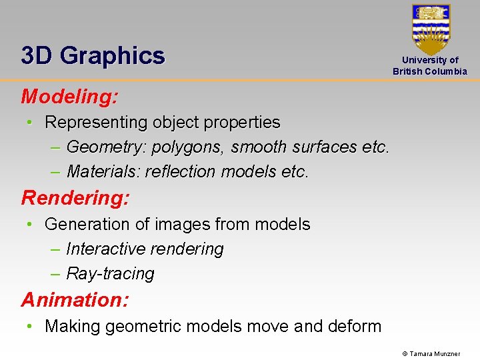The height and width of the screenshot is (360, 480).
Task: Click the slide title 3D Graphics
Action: click(x=93, y=55)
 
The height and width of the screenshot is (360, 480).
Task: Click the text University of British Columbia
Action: click(x=430, y=65)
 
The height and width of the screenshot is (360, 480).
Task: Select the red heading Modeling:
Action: click(x=70, y=97)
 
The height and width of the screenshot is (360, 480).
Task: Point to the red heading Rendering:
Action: click(x=75, y=198)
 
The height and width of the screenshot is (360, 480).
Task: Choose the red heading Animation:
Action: click(x=75, y=300)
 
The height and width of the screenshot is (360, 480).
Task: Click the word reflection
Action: click(x=181, y=172)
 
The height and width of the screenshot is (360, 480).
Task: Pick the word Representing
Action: click(x=96, y=123)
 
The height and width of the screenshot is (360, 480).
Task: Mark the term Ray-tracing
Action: click(x=110, y=274)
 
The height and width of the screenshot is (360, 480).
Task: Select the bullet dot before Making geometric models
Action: click(x=30, y=327)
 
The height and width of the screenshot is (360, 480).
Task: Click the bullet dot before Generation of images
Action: click(x=30, y=225)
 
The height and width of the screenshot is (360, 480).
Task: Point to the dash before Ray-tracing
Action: click(x=55, y=274)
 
